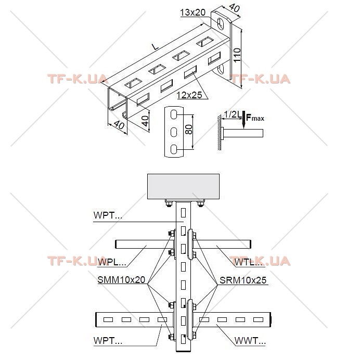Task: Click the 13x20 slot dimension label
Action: pos(192,12)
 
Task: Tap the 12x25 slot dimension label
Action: pos(189,95)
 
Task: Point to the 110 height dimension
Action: pos(237,55)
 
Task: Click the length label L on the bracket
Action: pos(156,47)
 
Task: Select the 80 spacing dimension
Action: pos(188,130)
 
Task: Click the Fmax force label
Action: pos(255,118)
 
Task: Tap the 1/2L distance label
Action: pos(232,114)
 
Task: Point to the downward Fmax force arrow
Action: pos(243,120)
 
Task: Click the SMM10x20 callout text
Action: pos(121,280)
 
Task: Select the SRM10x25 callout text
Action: pos(243,280)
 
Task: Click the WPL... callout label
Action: pos(112,262)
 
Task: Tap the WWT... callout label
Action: pos(250,340)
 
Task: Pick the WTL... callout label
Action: pos(249,262)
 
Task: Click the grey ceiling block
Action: pos(183,186)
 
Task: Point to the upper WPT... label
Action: pos(108,215)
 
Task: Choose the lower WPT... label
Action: pos(108,340)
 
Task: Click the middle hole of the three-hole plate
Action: pos(174,132)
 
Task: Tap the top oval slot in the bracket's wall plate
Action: pos(221,23)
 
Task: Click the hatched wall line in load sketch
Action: pos(220,133)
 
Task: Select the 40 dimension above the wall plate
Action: pos(234,8)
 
